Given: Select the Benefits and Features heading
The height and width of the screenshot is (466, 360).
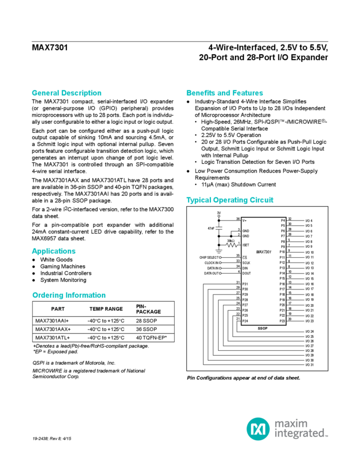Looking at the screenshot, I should coord(225,93).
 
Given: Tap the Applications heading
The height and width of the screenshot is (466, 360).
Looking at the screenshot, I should coord(54,251).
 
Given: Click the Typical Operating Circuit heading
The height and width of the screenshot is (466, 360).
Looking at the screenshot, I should coord(230,200).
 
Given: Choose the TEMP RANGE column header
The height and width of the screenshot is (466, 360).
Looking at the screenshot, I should coord(106,308).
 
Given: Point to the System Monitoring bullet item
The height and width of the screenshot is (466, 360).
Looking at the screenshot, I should coord(63,280).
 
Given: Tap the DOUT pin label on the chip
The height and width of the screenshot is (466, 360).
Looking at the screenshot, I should coord(247,273).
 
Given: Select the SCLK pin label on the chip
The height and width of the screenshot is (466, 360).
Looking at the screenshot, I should coord(247,262).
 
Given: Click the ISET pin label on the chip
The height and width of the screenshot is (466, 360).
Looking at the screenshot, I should coord(246,245).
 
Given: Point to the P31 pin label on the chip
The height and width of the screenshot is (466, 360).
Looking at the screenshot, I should coord(245,283).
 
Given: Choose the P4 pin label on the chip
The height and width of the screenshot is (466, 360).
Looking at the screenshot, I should coord(282,220).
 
